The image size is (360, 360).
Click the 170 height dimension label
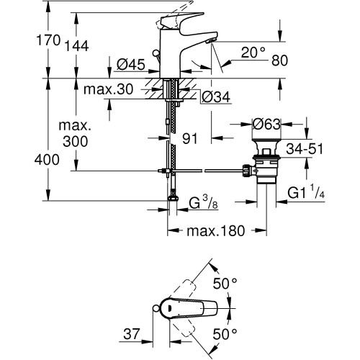click(48, 40)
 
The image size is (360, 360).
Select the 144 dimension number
click(77, 46)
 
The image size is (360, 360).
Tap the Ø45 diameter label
click(131, 65)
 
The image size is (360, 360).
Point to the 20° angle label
click(253, 53)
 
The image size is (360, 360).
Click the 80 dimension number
click(279, 60)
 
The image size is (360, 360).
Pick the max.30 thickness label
click(108, 89)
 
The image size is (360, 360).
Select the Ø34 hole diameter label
click(216, 97)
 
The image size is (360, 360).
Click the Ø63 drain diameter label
click(266, 125)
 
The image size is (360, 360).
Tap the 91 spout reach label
click(190, 139)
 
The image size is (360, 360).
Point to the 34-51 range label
click(305, 149)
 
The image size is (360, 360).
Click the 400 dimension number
click(47, 160)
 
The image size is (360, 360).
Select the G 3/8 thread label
click(204, 202)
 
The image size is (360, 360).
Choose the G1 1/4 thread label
click(306, 192)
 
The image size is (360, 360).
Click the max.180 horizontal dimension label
click(216, 231)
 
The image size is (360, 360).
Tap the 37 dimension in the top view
click(132, 334)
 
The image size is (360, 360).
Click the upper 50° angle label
click(225, 284)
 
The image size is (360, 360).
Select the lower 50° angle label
click(225, 334)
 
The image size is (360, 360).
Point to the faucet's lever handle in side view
click(181, 20)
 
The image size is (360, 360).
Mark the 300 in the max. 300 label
click(76, 142)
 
